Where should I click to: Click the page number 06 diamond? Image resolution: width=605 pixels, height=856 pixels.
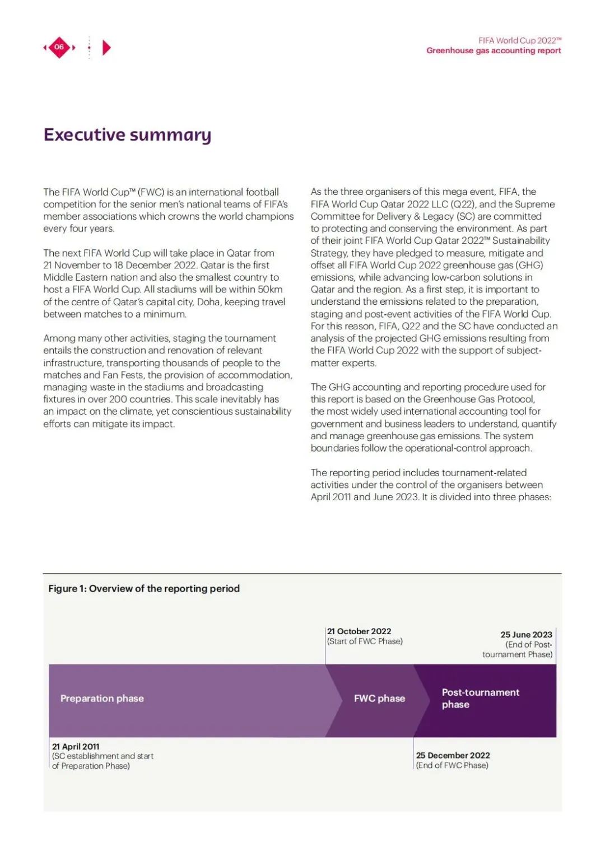59,47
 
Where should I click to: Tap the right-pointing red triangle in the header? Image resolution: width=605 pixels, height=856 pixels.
106,48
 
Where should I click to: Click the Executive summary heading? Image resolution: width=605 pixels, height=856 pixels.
128,135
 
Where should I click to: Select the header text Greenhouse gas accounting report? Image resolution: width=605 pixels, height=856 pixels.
494,50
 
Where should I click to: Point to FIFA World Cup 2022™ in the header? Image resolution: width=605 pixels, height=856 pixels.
520,40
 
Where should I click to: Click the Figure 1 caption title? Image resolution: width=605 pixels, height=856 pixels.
144,589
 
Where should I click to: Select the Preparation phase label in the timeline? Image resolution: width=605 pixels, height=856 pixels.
102,699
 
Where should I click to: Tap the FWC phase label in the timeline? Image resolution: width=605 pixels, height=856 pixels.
379,699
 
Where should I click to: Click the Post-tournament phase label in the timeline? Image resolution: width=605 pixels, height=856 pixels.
480,699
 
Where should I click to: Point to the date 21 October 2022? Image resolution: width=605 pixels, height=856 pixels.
359,631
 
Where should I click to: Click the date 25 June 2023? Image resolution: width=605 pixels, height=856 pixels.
526,635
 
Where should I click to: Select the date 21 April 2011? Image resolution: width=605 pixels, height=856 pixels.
76,747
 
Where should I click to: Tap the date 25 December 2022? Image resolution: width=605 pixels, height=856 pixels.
453,756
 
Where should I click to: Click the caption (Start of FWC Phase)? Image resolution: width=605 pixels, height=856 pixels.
365,641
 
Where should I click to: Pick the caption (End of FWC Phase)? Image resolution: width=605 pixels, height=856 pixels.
452,766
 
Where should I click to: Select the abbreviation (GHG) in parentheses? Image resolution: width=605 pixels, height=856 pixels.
529,265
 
